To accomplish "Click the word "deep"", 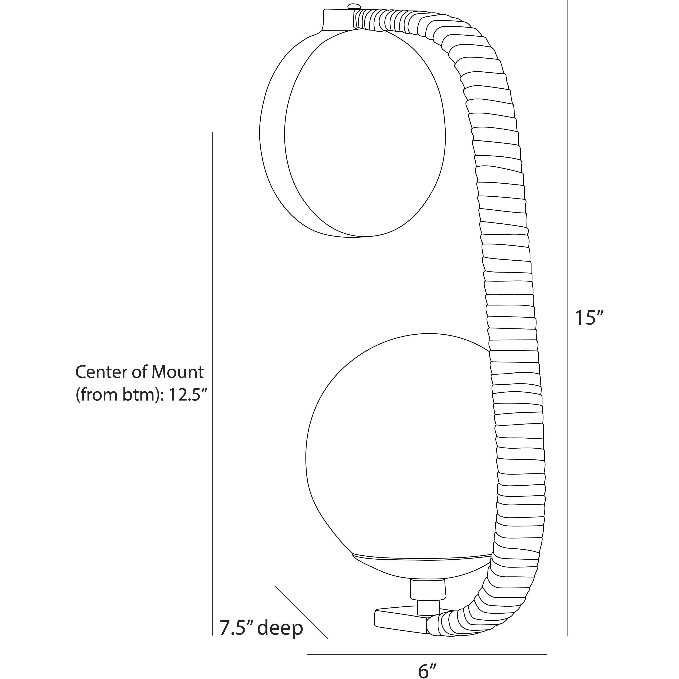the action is point(280,629).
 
